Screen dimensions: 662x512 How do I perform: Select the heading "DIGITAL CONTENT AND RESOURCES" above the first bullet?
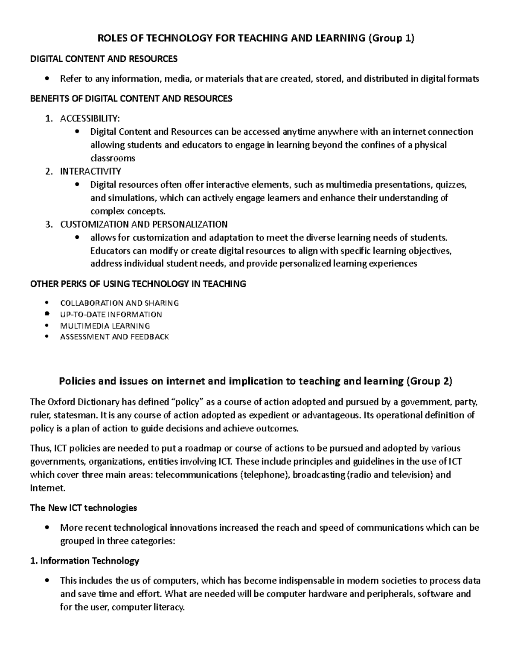tap(103, 59)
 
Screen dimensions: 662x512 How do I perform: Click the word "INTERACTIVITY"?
tap(90, 171)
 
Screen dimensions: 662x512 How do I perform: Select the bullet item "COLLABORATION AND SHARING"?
tap(119, 303)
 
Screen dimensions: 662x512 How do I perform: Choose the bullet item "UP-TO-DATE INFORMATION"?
tap(111, 315)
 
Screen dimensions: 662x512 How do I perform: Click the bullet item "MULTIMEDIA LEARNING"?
tap(105, 326)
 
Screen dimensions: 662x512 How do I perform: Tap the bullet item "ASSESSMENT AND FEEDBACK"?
tap(114, 337)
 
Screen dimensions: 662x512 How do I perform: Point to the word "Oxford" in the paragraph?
tap(61, 402)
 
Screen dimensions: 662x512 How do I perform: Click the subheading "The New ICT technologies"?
tap(83, 508)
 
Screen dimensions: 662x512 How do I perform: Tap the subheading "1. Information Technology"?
tap(85, 561)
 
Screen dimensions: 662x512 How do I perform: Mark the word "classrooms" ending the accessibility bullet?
tap(113, 159)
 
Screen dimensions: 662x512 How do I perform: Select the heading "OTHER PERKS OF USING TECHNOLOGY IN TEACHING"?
tap(138, 283)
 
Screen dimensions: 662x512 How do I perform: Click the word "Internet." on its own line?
tap(48, 488)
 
